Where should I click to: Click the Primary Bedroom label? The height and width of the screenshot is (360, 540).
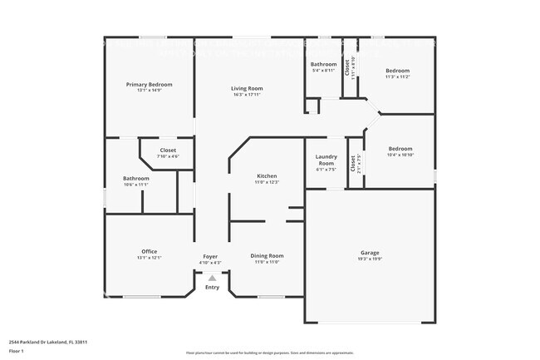pos(150,84)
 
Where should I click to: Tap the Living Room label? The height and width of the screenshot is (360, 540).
pos(247,88)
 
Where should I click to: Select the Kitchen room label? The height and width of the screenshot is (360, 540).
pos(267,176)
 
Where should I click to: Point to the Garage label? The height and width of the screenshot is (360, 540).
pos(370,252)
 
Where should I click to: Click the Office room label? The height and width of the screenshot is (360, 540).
pos(150,251)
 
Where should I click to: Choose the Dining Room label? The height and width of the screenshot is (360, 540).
pos(267,255)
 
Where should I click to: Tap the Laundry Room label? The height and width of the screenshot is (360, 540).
pos(326,160)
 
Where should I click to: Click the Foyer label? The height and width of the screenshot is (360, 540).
pos(210,256)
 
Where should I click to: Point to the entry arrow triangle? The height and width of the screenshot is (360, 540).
pos(213,279)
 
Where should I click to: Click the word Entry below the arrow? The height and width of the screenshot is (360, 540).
pos(213,288)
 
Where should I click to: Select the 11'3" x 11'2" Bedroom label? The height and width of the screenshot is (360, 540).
pos(397,71)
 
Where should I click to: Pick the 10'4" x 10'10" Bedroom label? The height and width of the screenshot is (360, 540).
pos(400,149)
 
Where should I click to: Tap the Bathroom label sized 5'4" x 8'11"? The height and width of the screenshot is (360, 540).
pos(323,64)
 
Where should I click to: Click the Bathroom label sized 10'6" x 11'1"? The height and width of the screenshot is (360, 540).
pos(136,178)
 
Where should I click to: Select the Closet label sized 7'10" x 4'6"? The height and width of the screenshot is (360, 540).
pos(168,150)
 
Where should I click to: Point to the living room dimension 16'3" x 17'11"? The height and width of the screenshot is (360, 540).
pos(247,95)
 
